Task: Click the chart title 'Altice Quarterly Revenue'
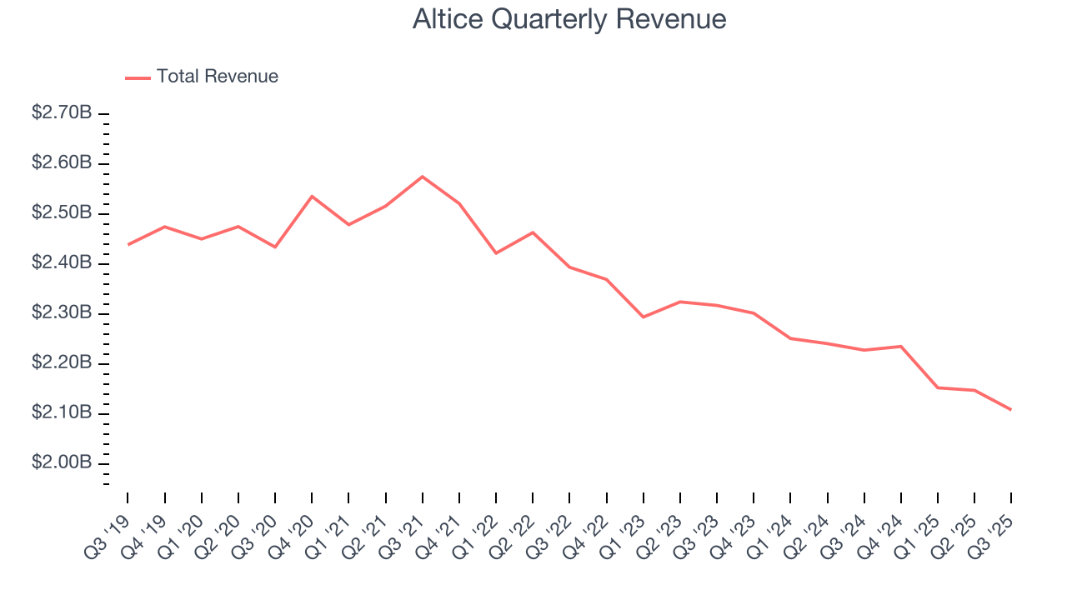click(x=569, y=19)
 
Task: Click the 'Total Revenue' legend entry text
click(x=217, y=77)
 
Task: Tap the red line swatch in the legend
click(x=138, y=77)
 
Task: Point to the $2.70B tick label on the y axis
click(x=62, y=112)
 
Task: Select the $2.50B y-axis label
click(x=62, y=212)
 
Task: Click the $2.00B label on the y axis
click(x=62, y=462)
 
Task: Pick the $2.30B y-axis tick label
click(x=62, y=312)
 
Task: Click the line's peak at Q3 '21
click(x=423, y=177)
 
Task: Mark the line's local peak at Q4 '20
click(x=312, y=197)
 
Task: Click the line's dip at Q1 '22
click(x=496, y=253)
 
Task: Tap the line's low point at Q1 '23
click(x=644, y=317)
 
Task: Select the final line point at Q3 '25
click(x=1011, y=410)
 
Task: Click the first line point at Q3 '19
click(x=128, y=244)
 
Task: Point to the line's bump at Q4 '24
click(x=901, y=346)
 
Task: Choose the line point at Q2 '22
click(x=533, y=232)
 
